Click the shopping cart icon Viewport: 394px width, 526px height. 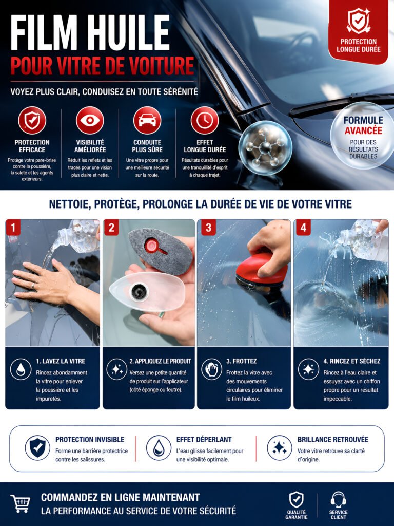coord(21,503)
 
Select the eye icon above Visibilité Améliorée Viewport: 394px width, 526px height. coord(90,120)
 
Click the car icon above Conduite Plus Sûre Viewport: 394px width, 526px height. coord(147,120)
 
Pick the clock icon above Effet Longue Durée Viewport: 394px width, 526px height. coord(205,120)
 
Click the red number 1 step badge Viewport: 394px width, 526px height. coord(13,228)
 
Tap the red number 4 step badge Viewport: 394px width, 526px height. coord(303,228)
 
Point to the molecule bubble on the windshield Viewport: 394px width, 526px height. coord(265,147)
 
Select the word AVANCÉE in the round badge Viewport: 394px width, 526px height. coord(363,130)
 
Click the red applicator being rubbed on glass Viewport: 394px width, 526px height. coord(261,271)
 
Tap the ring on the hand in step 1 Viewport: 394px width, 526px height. coord(33,286)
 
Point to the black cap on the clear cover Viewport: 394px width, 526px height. coord(139,292)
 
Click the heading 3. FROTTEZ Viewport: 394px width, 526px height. coord(241,361)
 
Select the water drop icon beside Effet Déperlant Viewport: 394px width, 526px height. coord(159,448)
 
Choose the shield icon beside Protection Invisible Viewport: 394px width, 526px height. coord(37,448)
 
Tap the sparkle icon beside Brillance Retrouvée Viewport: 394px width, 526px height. coord(280,448)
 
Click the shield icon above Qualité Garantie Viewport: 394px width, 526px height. coord(296,500)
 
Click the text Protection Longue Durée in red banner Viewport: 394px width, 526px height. coord(359,46)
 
